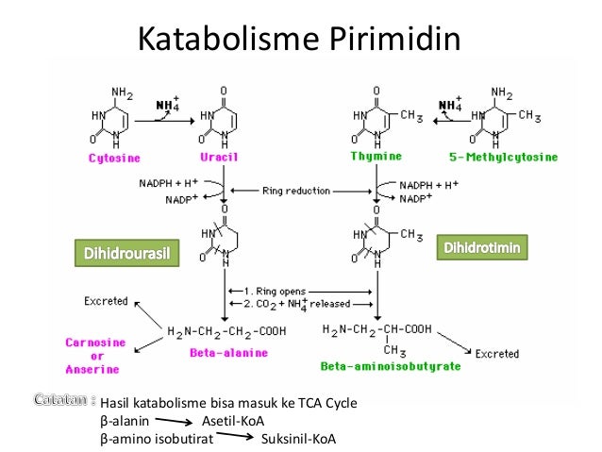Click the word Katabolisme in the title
228,39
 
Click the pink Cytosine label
114,158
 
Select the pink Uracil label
219,157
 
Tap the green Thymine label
376,156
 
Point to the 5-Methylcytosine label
503,157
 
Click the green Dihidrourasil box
127,253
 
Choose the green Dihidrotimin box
482,247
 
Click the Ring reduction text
296,191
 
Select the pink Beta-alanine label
228,353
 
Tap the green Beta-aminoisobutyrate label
391,366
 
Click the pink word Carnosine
95,343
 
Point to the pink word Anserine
92,370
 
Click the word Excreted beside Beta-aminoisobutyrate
497,354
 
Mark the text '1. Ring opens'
275,291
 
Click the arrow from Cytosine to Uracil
165,122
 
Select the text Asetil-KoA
233,421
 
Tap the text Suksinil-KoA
298,439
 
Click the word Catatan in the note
60,400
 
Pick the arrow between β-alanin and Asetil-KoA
174,421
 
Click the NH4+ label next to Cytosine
168,104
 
